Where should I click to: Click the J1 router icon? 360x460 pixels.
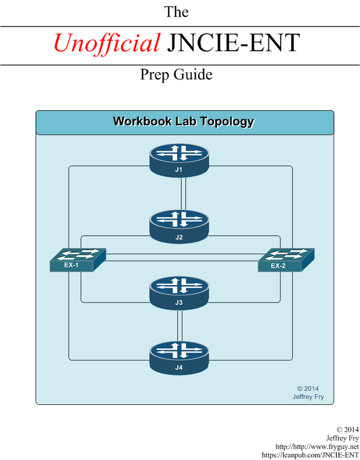(x=179, y=160)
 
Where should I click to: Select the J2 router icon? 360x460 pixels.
(x=179, y=227)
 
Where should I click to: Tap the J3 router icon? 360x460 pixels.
(x=179, y=293)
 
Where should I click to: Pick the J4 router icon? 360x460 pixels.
(x=179, y=358)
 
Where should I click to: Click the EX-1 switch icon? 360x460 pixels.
(x=78, y=260)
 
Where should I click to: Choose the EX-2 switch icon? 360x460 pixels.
(x=286, y=260)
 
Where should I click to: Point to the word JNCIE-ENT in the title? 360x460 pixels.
(x=233, y=43)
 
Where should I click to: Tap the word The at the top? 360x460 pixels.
(x=176, y=12)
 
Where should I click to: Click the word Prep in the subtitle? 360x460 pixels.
(x=154, y=75)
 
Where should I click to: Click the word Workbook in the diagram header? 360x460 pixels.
(x=142, y=121)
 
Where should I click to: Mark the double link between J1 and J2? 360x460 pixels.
(x=184, y=194)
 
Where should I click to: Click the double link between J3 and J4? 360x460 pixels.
(x=180, y=326)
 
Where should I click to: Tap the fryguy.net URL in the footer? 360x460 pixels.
(x=317, y=447)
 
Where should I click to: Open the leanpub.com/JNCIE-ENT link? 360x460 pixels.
(x=310, y=455)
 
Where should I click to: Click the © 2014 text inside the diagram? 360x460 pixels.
(x=308, y=389)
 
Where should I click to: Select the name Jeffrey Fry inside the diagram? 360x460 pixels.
(x=308, y=397)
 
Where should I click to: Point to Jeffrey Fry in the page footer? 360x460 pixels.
(x=343, y=438)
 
